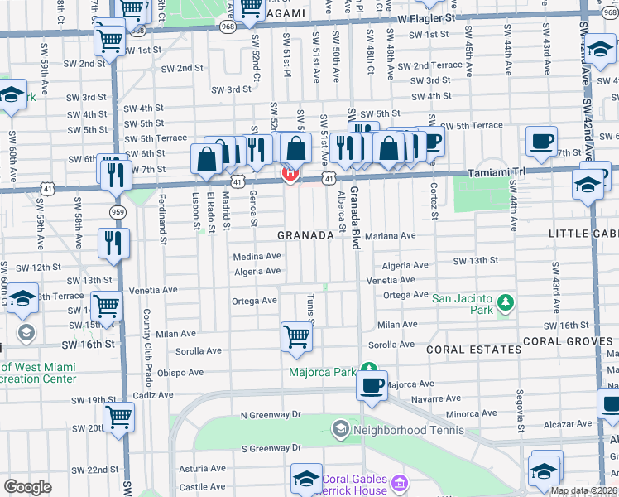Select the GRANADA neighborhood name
[x=305, y=235]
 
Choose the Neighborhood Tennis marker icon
[x=339, y=428]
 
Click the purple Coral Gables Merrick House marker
[x=400, y=483]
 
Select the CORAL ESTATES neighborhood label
[x=473, y=350]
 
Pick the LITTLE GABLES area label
[x=583, y=234]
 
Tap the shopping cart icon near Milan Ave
[x=295, y=336]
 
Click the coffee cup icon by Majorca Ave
[x=372, y=386]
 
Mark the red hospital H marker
[x=290, y=175]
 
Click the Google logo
[x=28, y=486]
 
